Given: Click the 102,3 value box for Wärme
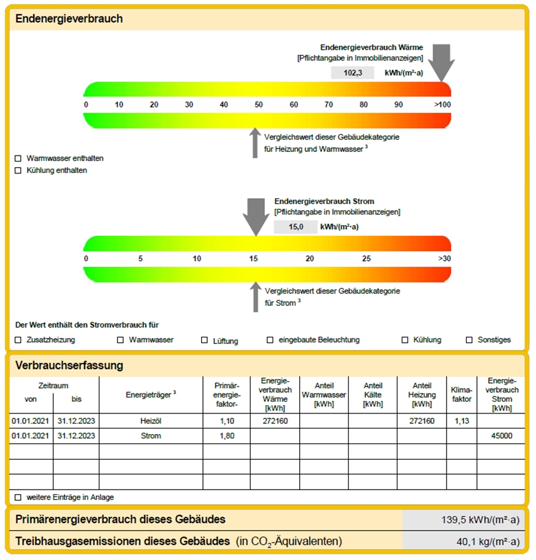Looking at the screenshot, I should tap(352, 73).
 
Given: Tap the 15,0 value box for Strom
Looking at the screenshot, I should tap(295, 227).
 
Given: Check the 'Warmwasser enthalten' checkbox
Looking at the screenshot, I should tap(18, 159).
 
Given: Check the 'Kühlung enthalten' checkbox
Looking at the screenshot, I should tap(18, 170).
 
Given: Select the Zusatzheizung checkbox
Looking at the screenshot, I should tap(18, 340).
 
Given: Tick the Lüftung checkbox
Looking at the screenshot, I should tap(204, 340).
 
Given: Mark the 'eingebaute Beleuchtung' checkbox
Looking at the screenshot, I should tap(270, 340).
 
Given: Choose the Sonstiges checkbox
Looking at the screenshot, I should tap(469, 340).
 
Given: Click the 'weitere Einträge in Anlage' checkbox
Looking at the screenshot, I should tap(18, 497).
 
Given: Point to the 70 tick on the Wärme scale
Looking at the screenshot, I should tap(329, 104).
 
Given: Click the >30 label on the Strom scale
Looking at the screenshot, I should tap(444, 259).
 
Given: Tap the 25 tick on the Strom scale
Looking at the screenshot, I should tap(366, 259).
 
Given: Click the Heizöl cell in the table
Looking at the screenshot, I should tap(151, 421).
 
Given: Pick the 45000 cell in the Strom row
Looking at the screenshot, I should tap(501, 436).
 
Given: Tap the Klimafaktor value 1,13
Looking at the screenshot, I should tap(461, 421).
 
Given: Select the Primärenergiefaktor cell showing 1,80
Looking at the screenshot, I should tap(227, 436).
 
